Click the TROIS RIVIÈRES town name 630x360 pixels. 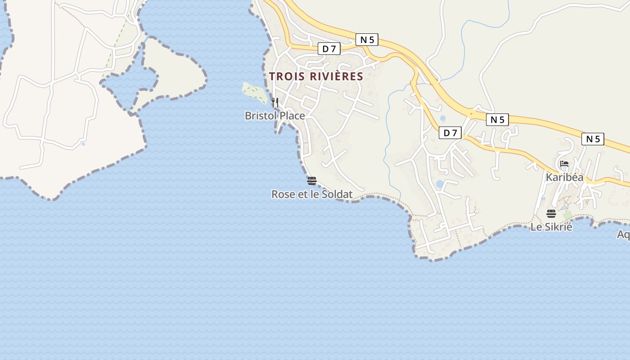316,76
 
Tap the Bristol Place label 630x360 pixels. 274,116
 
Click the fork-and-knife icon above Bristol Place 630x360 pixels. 274,103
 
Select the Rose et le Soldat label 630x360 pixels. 312,194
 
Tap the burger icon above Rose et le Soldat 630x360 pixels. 312,181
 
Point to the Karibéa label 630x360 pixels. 564,177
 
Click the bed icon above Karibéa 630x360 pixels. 564,164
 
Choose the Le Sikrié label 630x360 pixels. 551,227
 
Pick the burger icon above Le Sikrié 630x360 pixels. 551,213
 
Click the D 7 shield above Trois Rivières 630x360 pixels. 329,49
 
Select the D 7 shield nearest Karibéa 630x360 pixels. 450,133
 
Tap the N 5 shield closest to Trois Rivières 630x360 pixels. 367,40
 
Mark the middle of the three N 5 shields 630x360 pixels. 497,120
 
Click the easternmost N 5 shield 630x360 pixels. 592,139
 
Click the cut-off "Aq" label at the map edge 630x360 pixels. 623,234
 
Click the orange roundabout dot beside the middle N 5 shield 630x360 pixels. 471,113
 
